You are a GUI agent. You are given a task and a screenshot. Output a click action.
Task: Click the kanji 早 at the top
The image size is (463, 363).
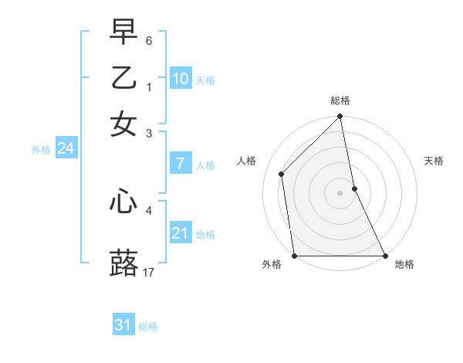click(123, 32)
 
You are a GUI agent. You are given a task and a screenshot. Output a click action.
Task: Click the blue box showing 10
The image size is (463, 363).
click(181, 79)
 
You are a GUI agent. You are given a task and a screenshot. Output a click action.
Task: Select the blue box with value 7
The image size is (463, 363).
click(181, 164)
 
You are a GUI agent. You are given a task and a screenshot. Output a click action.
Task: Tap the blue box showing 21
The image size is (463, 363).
click(181, 233)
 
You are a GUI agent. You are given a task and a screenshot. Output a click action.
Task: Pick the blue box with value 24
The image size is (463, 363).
click(66, 148)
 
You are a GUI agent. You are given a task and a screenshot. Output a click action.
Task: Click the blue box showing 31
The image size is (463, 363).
click(123, 325)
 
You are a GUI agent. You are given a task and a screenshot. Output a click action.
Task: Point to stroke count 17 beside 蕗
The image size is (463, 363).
click(149, 272)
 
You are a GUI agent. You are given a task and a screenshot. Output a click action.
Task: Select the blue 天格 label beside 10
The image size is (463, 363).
click(205, 80)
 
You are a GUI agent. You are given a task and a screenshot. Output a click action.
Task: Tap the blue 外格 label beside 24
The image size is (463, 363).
click(41, 150)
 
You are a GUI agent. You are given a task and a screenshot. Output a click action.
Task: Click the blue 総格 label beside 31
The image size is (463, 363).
click(148, 327)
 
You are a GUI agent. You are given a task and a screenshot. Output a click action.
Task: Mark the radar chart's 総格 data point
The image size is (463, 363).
click(340, 117)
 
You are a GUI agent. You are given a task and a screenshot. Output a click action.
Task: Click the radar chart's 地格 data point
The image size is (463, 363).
click(384, 256)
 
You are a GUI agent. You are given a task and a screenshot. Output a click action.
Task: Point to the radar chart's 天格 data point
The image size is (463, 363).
click(354, 188)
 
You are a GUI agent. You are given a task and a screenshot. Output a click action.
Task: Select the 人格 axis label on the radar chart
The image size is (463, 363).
click(247, 161)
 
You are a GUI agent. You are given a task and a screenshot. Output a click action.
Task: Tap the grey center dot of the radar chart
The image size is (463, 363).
click(340, 193)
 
